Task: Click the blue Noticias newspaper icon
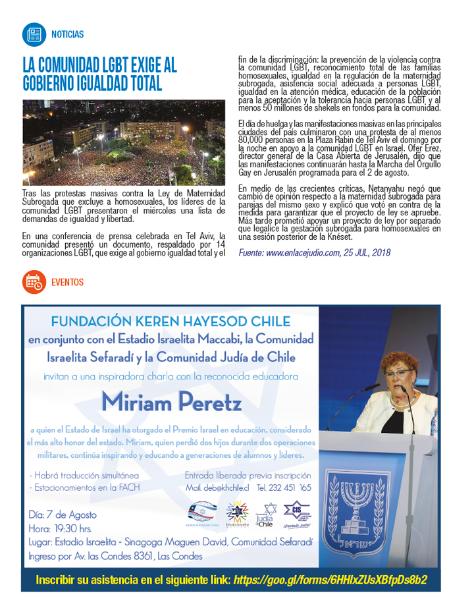(x=33, y=34)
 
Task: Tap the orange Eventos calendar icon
(x=33, y=281)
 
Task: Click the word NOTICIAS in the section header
(x=67, y=34)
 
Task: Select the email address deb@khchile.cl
(x=217, y=488)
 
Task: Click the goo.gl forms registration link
(x=329, y=580)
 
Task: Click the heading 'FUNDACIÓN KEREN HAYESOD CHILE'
(x=171, y=322)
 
